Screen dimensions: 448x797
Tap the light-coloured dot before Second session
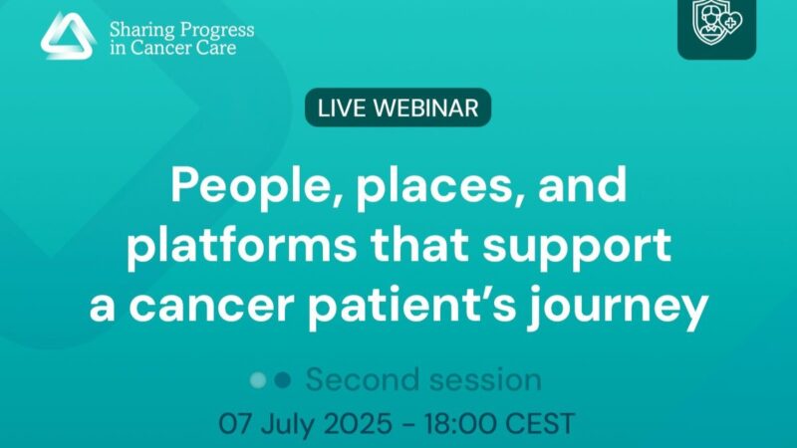point(258,379)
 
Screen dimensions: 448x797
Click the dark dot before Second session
point(283,379)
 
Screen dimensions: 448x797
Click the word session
point(486,379)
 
